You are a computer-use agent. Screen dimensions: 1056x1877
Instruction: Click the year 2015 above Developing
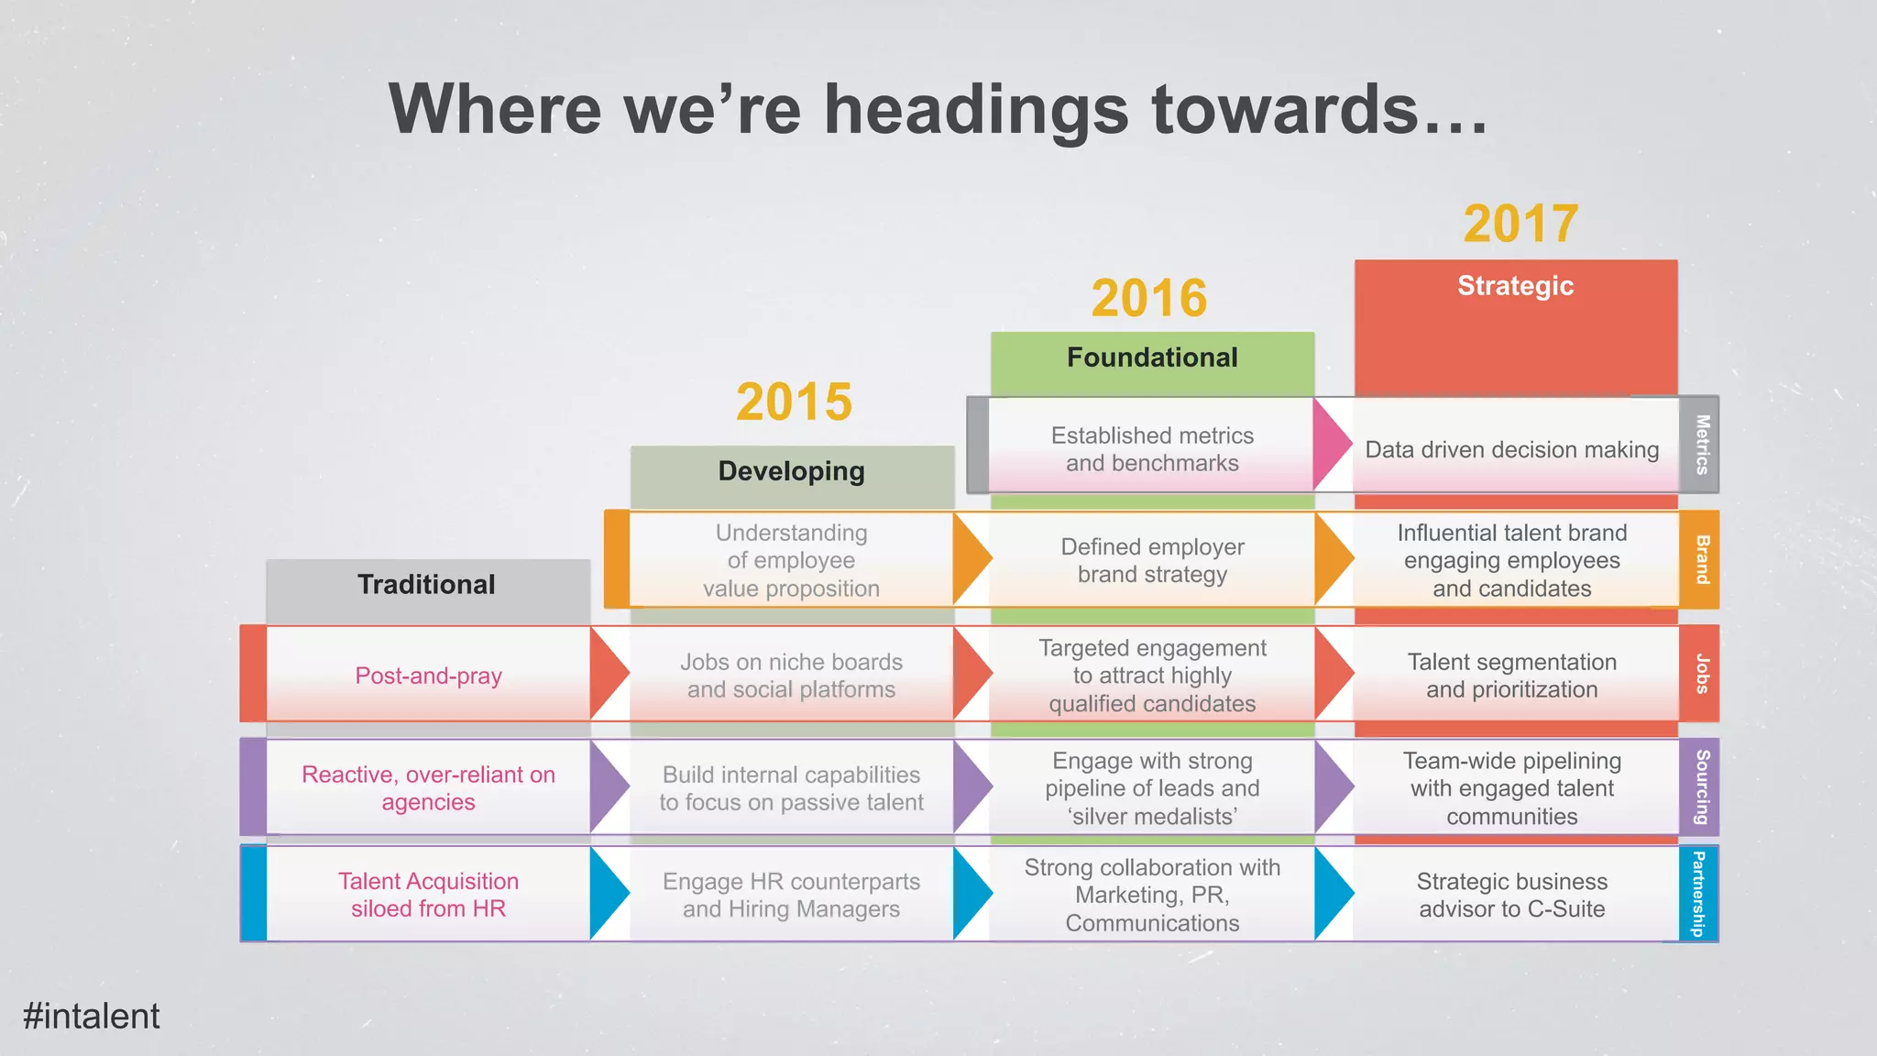tap(794, 402)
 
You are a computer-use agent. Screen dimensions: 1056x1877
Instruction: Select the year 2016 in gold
tap(1149, 298)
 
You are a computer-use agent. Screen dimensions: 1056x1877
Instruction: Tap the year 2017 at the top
tap(1520, 224)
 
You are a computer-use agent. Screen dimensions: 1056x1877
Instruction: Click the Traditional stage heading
tap(426, 585)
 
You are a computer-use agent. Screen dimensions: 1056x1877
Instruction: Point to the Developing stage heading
tap(792, 471)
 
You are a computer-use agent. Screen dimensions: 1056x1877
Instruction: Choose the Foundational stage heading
tap(1152, 357)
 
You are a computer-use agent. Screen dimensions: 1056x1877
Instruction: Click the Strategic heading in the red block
tap(1515, 286)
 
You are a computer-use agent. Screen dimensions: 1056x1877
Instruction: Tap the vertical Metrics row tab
tap(1701, 445)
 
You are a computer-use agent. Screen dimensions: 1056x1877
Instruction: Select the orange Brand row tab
tap(1701, 559)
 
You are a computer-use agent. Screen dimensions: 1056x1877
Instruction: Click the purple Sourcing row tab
tap(1701, 787)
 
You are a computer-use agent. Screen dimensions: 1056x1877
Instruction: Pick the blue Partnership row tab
tap(1698, 894)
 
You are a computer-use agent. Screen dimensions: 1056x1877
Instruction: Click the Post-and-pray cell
tap(428, 676)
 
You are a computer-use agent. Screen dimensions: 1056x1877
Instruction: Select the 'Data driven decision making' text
tap(1511, 450)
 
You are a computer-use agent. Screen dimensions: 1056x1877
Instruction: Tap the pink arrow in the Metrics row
tap(1331, 445)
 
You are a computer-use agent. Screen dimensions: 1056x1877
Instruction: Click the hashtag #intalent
tap(92, 1016)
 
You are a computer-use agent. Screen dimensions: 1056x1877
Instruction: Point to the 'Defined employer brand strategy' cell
tap(1152, 560)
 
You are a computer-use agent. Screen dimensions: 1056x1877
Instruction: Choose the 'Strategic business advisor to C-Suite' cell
tap(1511, 895)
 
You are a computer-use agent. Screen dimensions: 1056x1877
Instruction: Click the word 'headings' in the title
tap(977, 110)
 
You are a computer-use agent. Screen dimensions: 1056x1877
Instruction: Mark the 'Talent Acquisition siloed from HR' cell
tap(428, 895)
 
